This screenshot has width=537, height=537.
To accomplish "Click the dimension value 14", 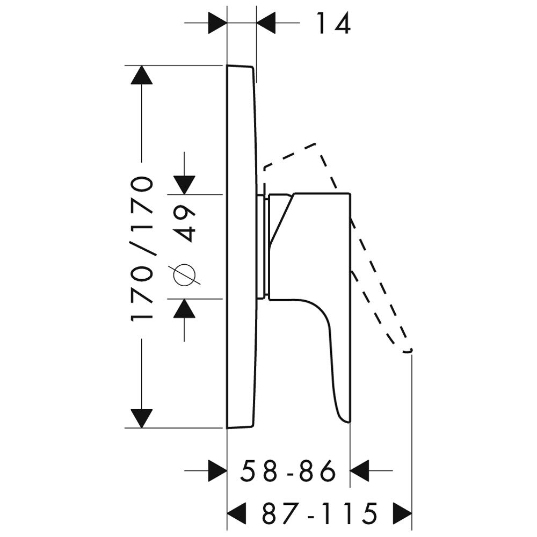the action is coord(333,23).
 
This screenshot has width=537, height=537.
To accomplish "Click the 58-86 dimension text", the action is coord(288,470).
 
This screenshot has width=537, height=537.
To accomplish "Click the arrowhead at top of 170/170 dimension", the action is coord(141,75).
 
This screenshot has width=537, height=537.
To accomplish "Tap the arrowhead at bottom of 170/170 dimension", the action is coord(141,418).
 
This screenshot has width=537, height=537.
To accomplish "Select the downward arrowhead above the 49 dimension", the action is coord(184,185).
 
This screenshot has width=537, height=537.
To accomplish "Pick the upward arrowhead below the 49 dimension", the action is coord(184,308).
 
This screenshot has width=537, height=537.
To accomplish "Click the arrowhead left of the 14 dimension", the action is coord(217,23).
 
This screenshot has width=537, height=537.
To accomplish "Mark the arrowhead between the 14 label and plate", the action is coord(266,23).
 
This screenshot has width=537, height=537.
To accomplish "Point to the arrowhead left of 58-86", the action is coord(217,470).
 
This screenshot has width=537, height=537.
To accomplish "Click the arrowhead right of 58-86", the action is coord(359,470).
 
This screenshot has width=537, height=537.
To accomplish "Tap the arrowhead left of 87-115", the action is coord(237,513).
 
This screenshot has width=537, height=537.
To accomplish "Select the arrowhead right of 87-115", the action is coord(402,513).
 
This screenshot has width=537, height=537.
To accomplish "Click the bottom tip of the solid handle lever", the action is coord(349,422).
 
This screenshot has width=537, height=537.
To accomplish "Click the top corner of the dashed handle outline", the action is coord(315,143).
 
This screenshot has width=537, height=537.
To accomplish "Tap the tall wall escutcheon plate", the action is coord(241,246).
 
